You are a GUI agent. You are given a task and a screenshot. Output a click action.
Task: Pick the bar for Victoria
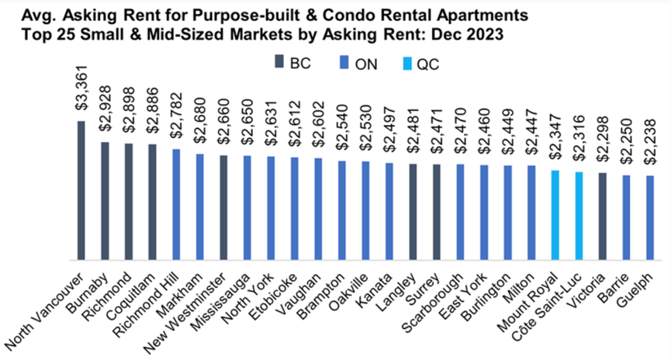click(602, 216)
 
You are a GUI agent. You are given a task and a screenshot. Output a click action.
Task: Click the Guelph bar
click(649, 218)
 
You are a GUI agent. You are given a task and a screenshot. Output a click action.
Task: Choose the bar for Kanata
click(389, 211)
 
